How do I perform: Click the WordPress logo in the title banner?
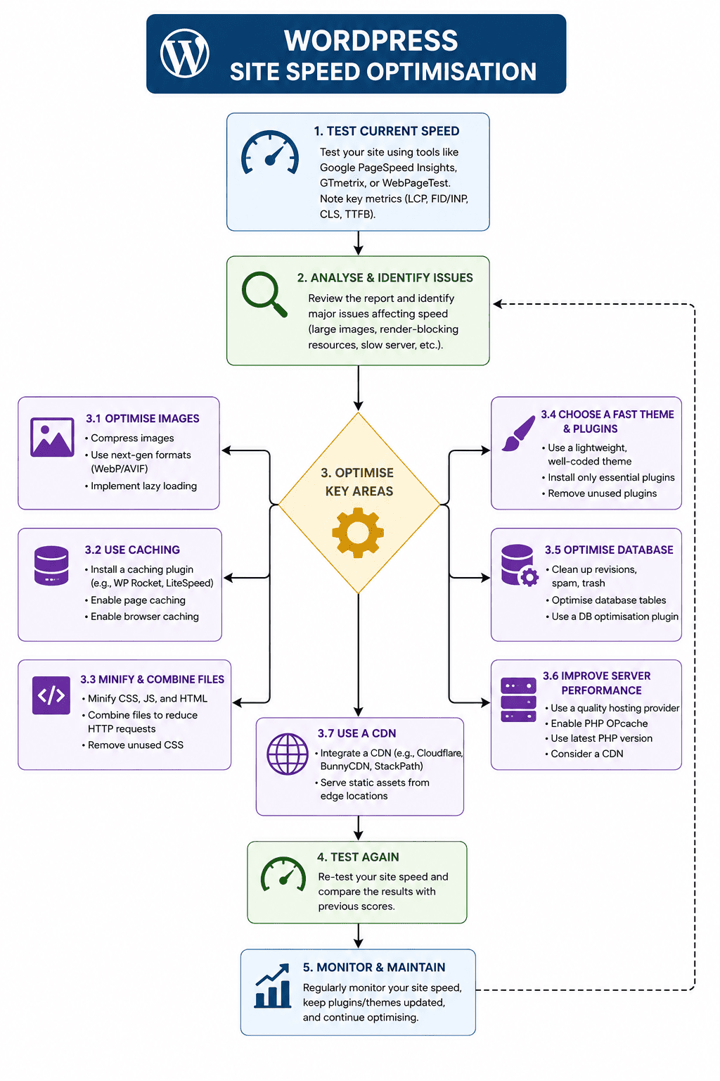click(185, 53)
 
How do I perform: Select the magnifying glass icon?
click(264, 294)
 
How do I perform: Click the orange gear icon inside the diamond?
click(358, 533)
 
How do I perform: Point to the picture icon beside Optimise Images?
click(52, 437)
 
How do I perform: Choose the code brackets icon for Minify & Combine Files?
click(51, 695)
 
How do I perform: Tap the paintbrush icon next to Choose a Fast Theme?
click(518, 434)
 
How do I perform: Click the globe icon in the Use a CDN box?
click(288, 754)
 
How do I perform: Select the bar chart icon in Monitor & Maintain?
click(273, 986)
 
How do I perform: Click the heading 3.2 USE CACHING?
click(132, 550)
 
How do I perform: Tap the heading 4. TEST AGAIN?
click(358, 857)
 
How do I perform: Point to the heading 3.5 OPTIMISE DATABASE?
click(609, 550)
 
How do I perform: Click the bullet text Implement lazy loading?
click(143, 486)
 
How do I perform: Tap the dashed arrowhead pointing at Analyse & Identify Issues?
click(499, 304)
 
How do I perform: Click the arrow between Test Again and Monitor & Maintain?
click(359, 936)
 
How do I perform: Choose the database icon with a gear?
click(520, 565)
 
